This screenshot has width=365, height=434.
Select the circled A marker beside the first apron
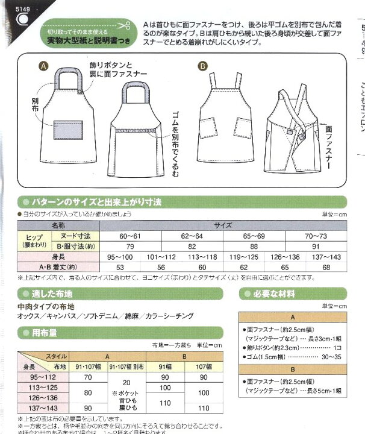[43, 65]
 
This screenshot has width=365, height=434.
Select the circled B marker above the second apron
[203, 65]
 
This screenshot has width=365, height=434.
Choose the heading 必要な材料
[275, 294]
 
